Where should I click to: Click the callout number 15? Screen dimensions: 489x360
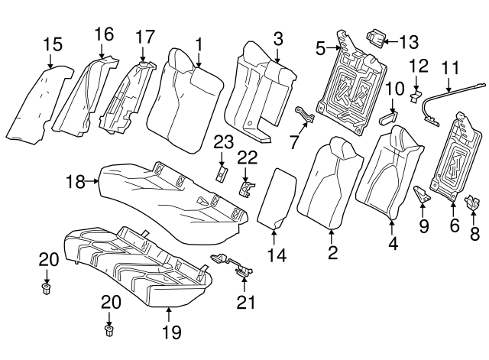pos(53,44)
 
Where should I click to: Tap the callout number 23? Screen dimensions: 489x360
pos(223,143)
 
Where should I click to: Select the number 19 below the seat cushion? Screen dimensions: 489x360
pos(171,332)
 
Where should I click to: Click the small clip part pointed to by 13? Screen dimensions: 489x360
pos(375,39)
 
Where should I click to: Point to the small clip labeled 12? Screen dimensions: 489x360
pos(416,96)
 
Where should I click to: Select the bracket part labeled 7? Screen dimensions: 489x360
pos(305,114)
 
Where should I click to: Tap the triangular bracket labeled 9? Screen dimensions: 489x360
pos(422,194)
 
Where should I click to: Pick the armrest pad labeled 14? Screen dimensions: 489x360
pos(276,198)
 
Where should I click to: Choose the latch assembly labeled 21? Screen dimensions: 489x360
pos(233,265)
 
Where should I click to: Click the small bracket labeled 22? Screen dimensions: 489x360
pos(246,189)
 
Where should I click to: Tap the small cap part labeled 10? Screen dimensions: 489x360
pos(387,118)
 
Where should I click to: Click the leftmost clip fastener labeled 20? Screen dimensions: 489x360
pos(46,289)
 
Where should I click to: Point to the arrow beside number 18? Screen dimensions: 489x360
pos(92,180)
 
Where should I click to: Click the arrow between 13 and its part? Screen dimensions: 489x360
pos(392,41)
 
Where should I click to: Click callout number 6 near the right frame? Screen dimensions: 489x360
pos(454,225)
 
